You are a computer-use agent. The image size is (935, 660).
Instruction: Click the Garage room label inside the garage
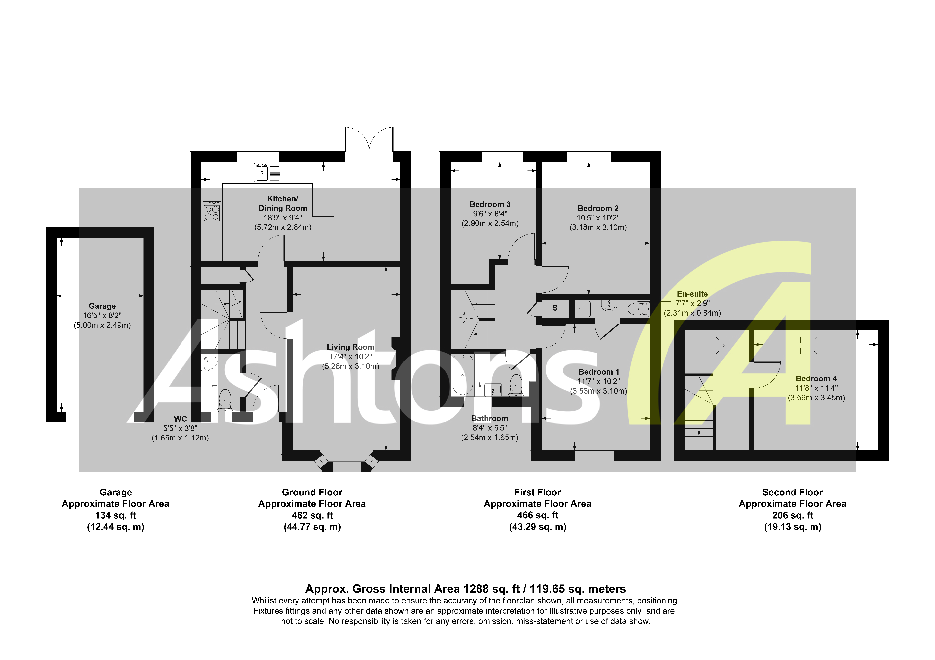102,306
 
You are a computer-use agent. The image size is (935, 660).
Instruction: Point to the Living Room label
350,347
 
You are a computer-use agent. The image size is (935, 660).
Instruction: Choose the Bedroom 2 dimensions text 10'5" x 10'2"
598,218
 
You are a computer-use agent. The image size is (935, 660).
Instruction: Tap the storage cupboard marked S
555,308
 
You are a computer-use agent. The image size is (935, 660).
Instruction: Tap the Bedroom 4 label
816,378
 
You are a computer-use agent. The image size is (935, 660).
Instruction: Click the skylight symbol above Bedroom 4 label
808,345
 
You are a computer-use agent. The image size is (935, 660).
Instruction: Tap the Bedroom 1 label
598,372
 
